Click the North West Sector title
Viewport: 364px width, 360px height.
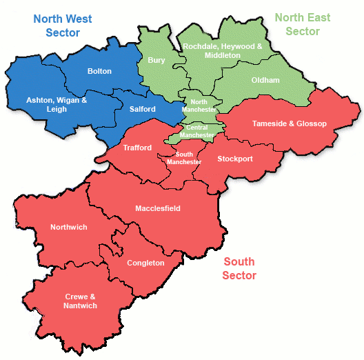(x=63, y=26)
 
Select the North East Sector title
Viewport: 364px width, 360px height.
(x=303, y=24)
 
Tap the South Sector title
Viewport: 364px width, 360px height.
(x=239, y=268)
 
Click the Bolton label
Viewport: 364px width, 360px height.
(x=99, y=71)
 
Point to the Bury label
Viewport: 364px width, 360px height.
(x=156, y=60)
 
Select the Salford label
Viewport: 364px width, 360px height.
(x=142, y=108)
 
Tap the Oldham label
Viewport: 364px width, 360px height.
(x=265, y=80)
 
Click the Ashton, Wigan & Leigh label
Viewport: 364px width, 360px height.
(x=57, y=104)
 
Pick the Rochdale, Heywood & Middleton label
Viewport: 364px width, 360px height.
(x=222, y=50)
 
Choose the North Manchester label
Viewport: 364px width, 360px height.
(x=199, y=106)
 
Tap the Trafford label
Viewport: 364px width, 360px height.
(x=137, y=148)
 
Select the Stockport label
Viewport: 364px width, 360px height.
(x=235, y=159)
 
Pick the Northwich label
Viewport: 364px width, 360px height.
(x=68, y=227)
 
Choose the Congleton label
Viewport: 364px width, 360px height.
(x=145, y=263)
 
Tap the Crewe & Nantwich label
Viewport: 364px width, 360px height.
(x=81, y=301)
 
